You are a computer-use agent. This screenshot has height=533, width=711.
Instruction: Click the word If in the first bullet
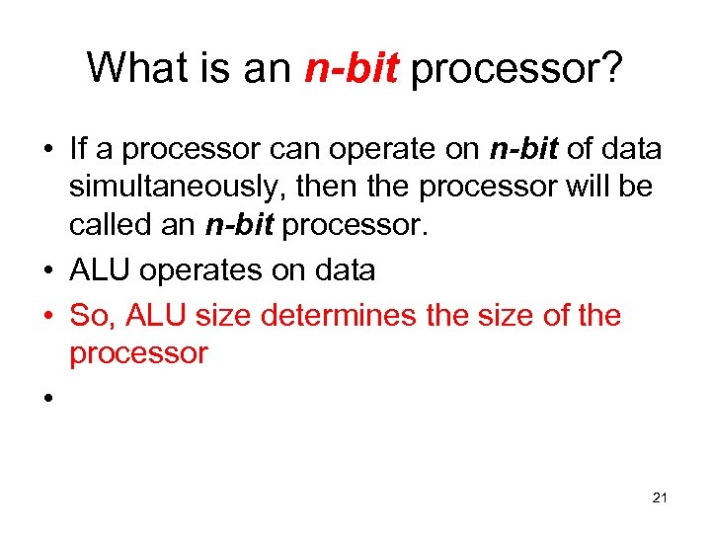79,149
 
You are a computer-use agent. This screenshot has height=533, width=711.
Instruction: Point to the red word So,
94,317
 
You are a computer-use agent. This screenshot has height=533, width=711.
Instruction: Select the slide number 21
660,498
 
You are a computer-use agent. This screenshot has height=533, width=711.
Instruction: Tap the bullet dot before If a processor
46,151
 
